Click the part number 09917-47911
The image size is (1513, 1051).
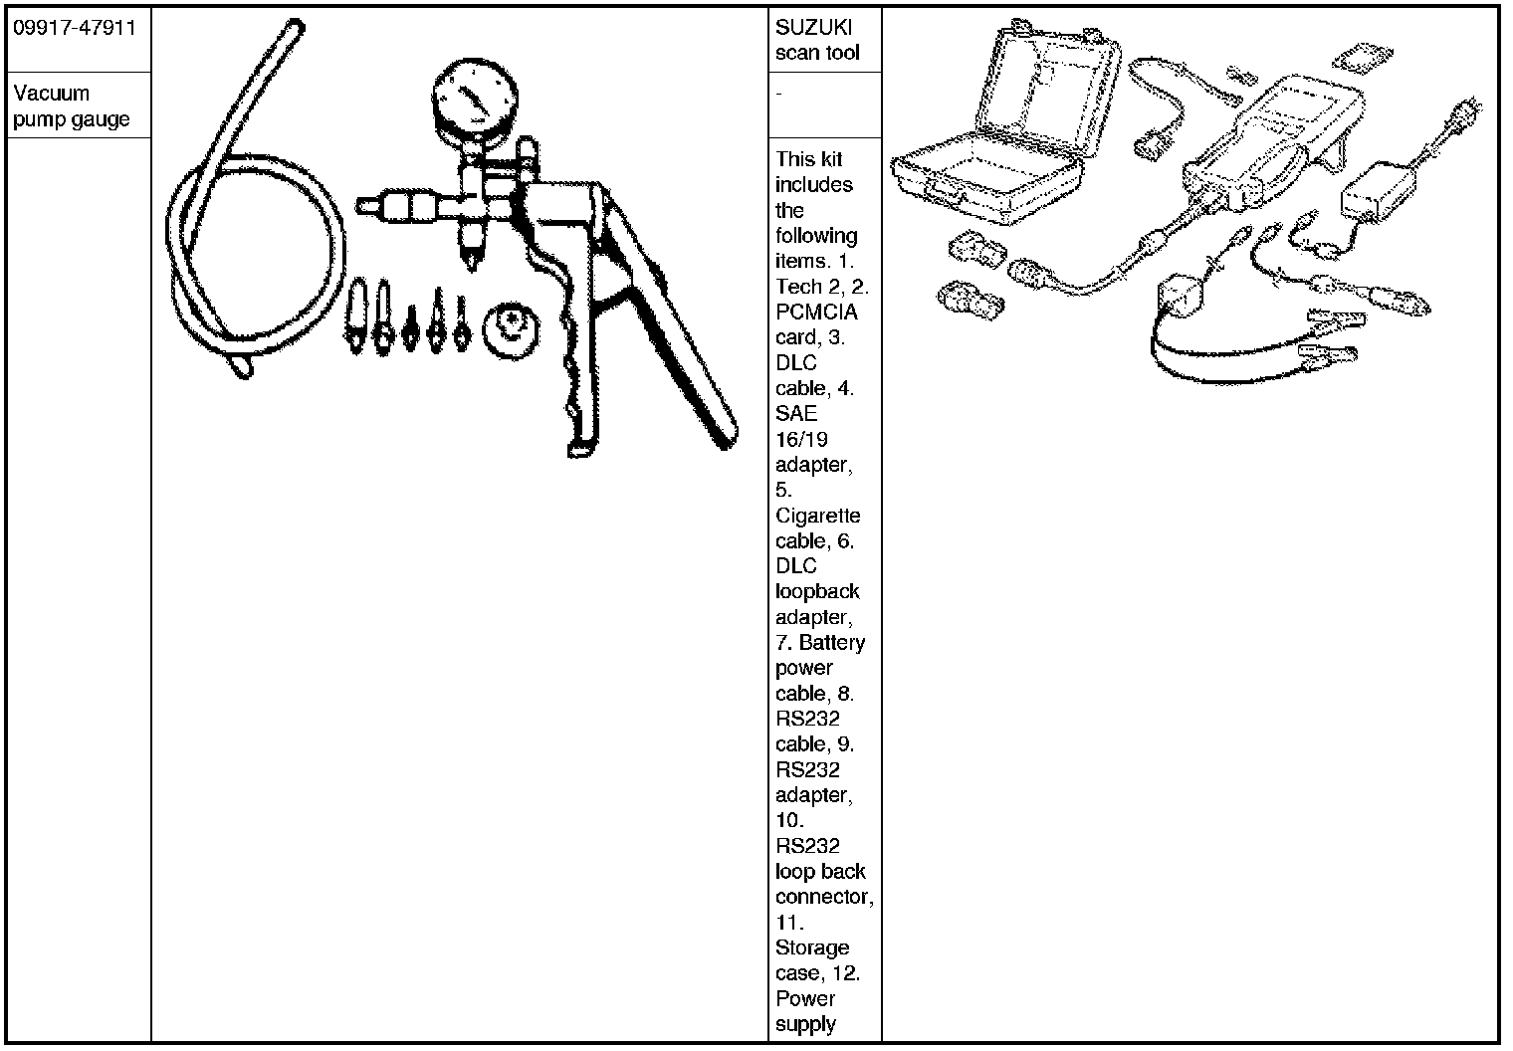tap(74, 27)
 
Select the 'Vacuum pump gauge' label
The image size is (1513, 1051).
tap(71, 106)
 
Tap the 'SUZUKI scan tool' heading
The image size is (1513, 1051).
tap(816, 40)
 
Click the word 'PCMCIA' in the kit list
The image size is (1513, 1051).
tap(816, 312)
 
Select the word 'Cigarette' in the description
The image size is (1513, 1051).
tap(817, 516)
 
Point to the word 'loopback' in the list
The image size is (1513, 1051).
tap(817, 592)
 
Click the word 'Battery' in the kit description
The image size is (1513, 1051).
tap(832, 643)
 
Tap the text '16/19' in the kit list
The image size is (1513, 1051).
tap(801, 439)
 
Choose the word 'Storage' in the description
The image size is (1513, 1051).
tap(812, 947)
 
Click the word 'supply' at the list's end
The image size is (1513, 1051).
tap(805, 1024)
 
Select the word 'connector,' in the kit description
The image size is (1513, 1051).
tap(824, 897)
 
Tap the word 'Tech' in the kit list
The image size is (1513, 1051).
tap(798, 287)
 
